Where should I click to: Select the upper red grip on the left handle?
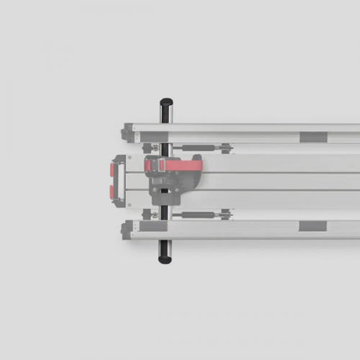click(114, 168)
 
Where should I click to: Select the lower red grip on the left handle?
click(114, 192)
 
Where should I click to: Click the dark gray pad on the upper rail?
click(313, 137)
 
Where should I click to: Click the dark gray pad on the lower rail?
click(313, 225)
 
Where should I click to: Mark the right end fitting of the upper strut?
click(225, 149)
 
